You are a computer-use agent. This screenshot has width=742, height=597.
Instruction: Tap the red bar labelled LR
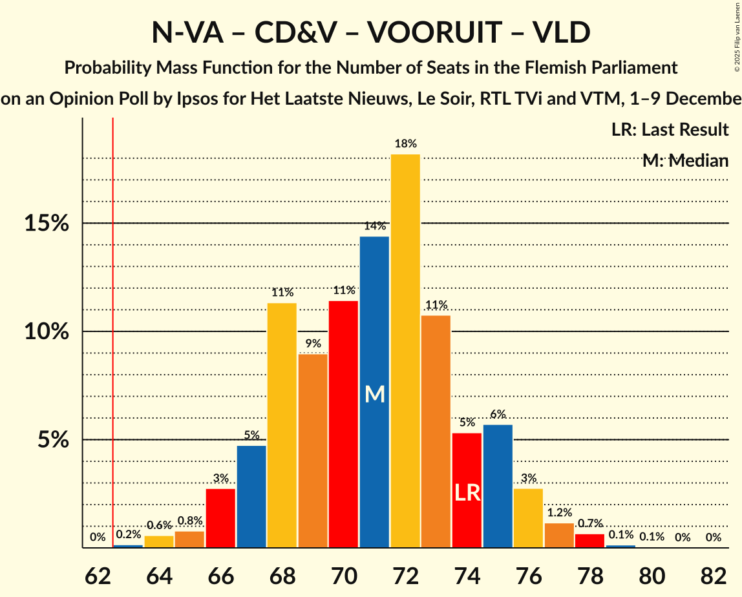pyautogui.click(x=467, y=490)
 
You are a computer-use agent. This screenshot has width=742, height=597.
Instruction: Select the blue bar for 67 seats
pyautogui.click(x=251, y=497)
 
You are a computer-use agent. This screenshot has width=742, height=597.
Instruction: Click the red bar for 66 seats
pyautogui.click(x=220, y=518)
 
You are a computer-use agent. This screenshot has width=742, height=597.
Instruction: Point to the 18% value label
pyautogui.click(x=405, y=144)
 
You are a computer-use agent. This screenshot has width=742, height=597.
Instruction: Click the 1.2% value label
pyautogui.click(x=559, y=513)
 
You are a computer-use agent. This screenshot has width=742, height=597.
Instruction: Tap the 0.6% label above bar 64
pyautogui.click(x=159, y=526)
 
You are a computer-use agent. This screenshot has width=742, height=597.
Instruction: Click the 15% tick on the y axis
pyautogui.click(x=46, y=224)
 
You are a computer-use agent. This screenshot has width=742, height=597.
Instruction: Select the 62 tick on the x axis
pyautogui.click(x=97, y=574)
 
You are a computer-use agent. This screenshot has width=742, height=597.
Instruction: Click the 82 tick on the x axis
pyautogui.click(x=714, y=574)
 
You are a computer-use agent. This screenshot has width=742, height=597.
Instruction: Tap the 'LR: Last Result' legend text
pyautogui.click(x=670, y=130)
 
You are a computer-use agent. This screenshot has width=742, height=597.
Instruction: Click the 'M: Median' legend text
pyautogui.click(x=685, y=161)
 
